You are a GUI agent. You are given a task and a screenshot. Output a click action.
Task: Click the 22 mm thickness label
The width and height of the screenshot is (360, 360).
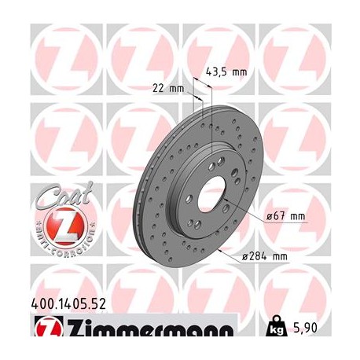coord(165,88)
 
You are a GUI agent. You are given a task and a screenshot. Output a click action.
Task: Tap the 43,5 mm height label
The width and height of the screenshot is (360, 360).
coord(226,72)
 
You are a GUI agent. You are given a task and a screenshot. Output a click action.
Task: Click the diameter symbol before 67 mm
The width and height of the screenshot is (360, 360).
coord(270,216)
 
